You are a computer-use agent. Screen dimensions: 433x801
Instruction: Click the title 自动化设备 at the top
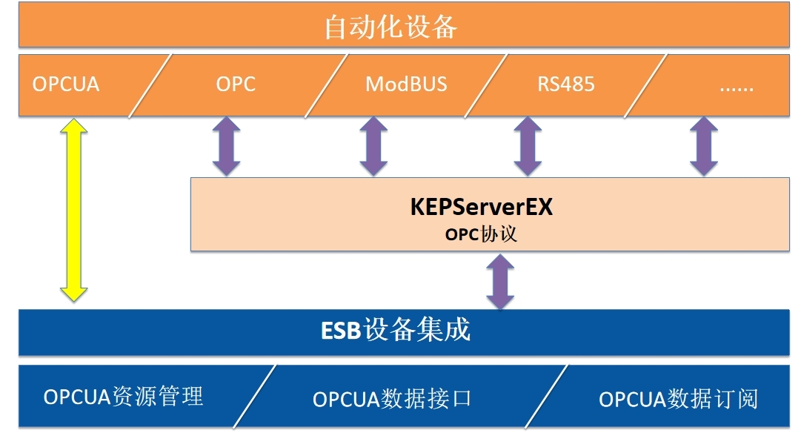[x=390, y=27]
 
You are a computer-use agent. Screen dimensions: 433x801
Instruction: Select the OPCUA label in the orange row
[x=65, y=84]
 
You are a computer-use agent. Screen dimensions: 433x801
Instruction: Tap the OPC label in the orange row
[x=236, y=84]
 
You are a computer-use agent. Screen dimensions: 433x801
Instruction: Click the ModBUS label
[x=406, y=84]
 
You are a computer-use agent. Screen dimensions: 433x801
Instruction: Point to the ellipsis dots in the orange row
[x=736, y=86]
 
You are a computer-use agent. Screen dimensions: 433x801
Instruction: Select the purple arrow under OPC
[x=226, y=147]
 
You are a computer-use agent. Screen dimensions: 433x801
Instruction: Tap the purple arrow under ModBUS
[x=373, y=147]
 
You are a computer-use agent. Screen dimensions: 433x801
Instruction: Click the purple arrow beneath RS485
[x=527, y=147]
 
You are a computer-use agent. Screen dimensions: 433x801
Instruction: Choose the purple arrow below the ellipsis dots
[x=703, y=147]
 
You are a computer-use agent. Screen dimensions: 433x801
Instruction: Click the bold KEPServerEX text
[x=482, y=207]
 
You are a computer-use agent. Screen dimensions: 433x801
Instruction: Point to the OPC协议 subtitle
[x=481, y=234]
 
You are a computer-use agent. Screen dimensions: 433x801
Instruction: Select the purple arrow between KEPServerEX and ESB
[x=500, y=281]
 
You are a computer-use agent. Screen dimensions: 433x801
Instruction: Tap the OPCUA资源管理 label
[x=123, y=397]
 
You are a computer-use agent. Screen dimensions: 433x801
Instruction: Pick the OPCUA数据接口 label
[x=392, y=399]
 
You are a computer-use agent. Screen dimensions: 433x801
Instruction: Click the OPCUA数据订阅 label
[x=678, y=399]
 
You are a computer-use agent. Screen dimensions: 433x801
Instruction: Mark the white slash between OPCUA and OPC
[x=150, y=85]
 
